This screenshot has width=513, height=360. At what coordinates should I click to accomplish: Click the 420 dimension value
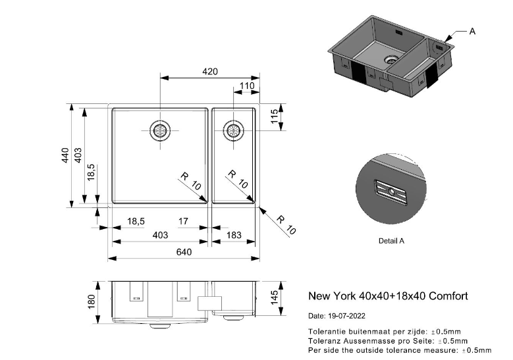209,71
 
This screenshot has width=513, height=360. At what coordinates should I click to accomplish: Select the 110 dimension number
247,86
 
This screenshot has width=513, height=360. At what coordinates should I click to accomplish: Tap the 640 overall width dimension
184,252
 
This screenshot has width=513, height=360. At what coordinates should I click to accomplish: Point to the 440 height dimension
65,155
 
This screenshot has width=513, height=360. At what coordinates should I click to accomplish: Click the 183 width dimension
234,235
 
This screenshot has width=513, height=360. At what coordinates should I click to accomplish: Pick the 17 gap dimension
183,221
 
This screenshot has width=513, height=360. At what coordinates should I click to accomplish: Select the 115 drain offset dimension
275,116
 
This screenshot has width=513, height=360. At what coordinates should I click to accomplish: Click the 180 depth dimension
92,301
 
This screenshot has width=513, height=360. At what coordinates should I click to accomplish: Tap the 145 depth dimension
275,297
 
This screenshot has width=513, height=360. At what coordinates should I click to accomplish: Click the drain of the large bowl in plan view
160,130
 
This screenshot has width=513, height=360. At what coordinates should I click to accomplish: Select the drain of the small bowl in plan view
234,130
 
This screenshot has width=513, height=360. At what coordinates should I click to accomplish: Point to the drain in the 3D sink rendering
391,59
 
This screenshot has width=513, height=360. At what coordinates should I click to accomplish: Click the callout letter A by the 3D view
472,32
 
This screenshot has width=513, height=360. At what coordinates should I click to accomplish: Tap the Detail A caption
391,241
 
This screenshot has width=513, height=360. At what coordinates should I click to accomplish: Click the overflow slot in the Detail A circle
391,192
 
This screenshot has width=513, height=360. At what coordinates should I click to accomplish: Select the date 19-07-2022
346,316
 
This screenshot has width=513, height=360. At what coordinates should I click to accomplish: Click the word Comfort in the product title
448,296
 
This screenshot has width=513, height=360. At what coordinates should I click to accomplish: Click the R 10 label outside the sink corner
286,225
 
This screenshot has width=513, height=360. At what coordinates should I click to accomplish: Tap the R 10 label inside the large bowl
190,182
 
